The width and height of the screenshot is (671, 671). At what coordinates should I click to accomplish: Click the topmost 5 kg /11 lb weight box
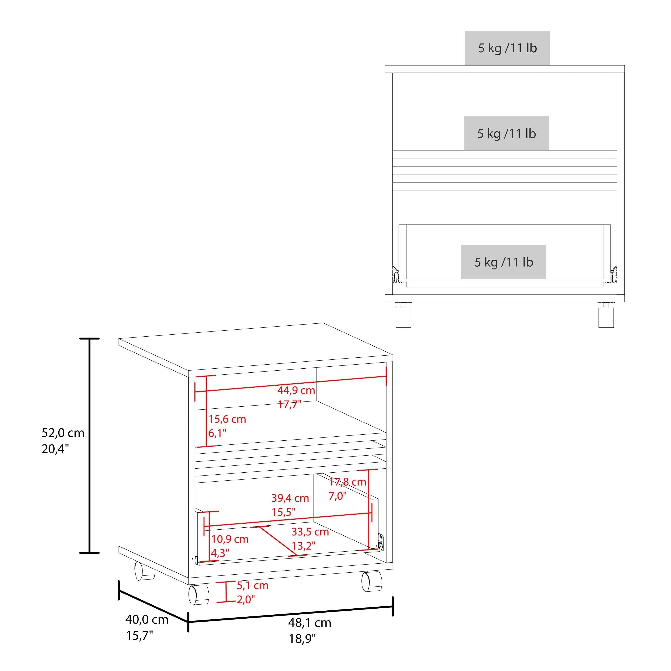tap(507, 48)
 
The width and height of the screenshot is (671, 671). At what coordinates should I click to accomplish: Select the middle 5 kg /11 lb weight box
tap(506, 133)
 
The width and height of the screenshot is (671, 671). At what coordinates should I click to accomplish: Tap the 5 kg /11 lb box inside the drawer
tap(504, 262)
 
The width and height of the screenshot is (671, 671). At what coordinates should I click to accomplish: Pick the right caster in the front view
tap(606, 315)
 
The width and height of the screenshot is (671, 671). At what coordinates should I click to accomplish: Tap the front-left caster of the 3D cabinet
tap(199, 595)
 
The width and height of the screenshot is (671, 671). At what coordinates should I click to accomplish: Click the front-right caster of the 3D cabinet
tap(372, 581)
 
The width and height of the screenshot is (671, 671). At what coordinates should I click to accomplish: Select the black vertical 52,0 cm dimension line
tap(90, 445)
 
